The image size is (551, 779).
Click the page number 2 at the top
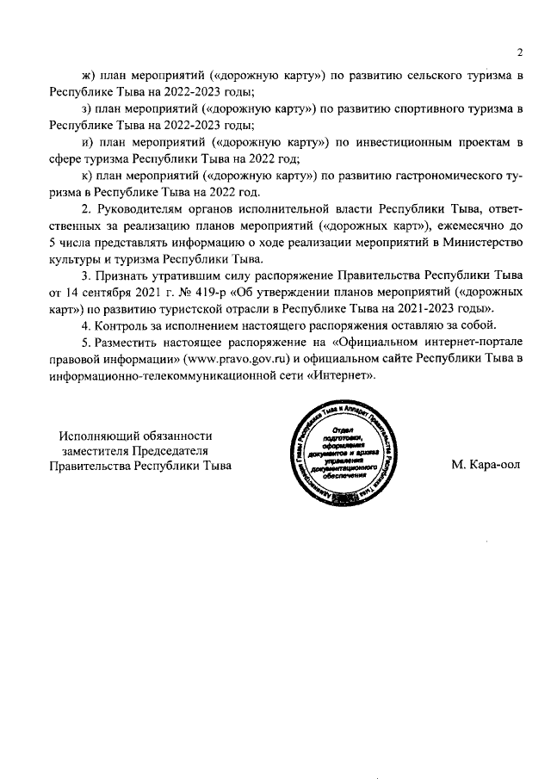click(x=520, y=52)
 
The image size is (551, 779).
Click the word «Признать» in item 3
click(x=129, y=276)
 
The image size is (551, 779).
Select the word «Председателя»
click(x=169, y=451)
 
